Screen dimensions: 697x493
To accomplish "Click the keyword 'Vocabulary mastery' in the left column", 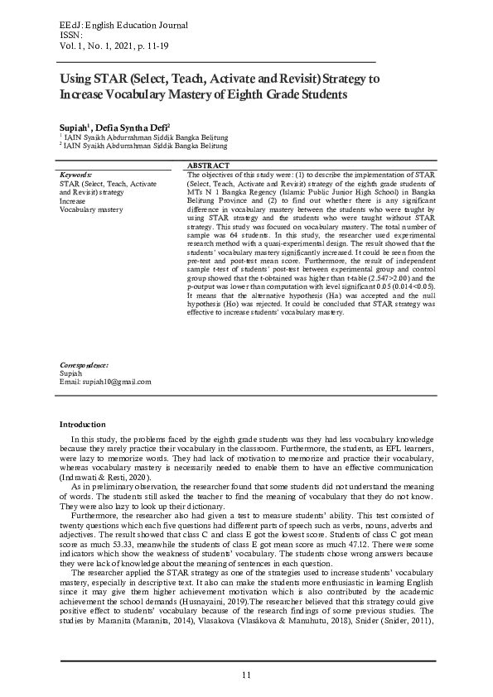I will [x=91, y=209].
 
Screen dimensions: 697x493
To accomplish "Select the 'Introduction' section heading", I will [x=83, y=424].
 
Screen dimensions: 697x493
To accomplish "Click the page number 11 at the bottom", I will [x=246, y=675].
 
